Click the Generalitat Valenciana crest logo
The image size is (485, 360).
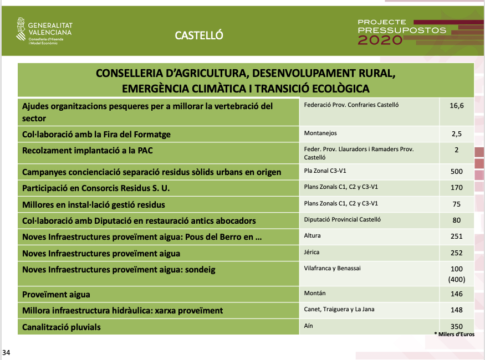pos(21,30)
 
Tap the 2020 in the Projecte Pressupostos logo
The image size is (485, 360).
pos(380,40)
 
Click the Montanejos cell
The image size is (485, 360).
pos(320,133)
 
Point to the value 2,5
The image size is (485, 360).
pos(456,134)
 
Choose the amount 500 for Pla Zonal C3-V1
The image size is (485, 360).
pos(456,172)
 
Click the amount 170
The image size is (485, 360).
pos(456,188)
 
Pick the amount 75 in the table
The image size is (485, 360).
pos(456,204)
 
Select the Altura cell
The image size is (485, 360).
pos(313,236)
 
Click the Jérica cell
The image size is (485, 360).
pos(312,253)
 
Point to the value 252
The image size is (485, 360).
pos(456,253)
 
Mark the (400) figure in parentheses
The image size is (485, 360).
pos(456,280)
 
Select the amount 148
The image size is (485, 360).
pos(456,310)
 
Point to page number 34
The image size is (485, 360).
pos(6,352)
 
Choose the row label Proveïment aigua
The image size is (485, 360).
pos(55,295)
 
